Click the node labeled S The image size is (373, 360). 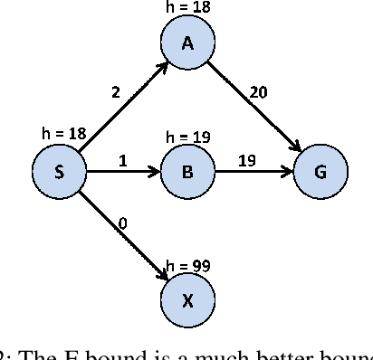[x=58, y=173]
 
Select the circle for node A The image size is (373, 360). [x=187, y=42]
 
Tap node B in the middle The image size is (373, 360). [x=187, y=173]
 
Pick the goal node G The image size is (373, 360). [x=319, y=173]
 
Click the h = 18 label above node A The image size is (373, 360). [x=187, y=6]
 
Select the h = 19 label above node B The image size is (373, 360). [x=187, y=137]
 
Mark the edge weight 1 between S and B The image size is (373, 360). [x=123, y=161]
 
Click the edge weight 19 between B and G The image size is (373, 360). [x=246, y=161]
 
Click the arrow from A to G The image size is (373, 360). [x=253, y=108]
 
